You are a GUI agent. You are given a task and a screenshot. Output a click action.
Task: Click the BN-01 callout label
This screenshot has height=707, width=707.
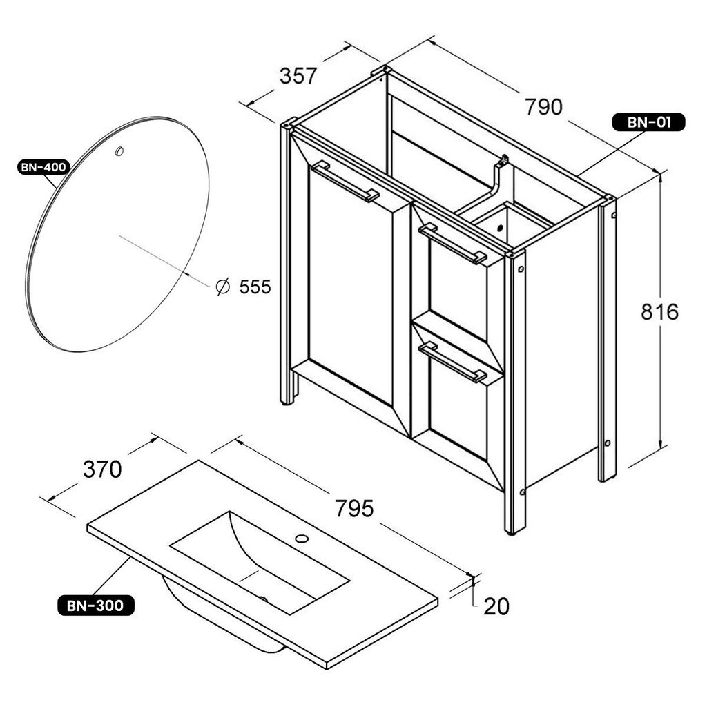648,122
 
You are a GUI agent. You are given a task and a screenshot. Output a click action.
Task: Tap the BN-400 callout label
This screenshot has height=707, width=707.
43,167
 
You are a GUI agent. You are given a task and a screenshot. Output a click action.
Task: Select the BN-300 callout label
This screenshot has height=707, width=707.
96,605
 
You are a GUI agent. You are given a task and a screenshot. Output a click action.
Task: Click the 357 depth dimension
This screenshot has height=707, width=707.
298,76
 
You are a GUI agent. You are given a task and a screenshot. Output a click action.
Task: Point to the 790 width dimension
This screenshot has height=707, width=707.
544,107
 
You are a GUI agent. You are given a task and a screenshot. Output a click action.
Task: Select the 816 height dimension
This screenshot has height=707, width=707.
659,311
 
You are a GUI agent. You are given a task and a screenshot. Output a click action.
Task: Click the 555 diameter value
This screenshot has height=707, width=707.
255,287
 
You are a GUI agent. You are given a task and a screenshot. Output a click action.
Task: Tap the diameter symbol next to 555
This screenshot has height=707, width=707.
223,287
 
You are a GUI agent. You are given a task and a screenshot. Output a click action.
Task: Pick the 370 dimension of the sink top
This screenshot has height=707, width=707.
102,469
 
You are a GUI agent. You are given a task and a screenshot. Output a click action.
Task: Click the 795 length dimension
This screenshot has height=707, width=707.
354,508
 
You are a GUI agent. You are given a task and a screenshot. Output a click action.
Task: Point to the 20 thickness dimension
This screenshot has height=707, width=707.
496,606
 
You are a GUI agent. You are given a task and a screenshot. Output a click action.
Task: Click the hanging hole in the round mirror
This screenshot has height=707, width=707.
119,151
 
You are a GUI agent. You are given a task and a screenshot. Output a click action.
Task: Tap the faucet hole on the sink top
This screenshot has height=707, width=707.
301,538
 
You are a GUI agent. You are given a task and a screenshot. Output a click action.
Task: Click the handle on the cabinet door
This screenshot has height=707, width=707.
345,182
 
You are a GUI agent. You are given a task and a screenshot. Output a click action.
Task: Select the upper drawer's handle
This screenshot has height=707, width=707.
452,244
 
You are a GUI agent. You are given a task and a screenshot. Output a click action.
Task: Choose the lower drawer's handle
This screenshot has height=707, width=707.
452,362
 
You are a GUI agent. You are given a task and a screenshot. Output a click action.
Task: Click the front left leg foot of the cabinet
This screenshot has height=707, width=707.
287,403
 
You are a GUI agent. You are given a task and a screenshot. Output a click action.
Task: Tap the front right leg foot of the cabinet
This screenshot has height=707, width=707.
512,532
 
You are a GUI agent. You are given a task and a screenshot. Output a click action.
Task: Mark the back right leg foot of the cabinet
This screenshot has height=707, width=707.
607,479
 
